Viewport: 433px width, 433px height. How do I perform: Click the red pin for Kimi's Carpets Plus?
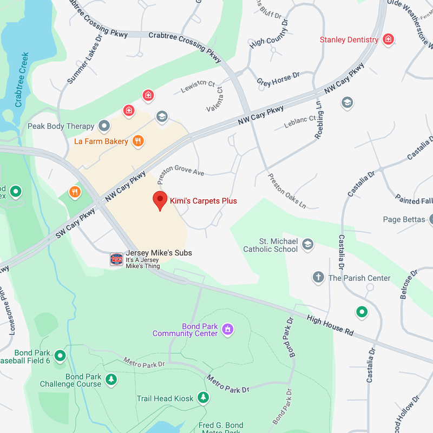tap(160, 200)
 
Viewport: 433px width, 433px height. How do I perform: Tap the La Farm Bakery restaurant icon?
tap(139, 141)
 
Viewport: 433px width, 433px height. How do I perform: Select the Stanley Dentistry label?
tap(349, 40)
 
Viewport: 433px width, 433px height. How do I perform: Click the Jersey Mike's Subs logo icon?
tap(116, 259)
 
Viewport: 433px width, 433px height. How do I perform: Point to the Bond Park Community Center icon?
tap(228, 329)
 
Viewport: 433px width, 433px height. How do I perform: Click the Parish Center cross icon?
tap(318, 278)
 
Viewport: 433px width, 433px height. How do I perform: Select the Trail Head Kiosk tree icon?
tap(203, 398)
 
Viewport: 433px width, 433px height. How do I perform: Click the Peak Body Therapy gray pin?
tap(104, 126)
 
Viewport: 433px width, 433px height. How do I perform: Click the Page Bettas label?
tap(403, 219)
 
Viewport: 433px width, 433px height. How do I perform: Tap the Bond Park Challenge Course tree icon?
tap(111, 379)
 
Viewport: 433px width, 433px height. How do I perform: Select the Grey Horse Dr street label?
tap(278, 79)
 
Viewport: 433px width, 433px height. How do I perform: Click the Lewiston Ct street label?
tap(198, 87)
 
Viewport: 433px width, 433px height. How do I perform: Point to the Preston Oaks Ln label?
tap(287, 191)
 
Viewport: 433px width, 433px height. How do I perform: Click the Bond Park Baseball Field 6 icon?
tap(60, 356)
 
